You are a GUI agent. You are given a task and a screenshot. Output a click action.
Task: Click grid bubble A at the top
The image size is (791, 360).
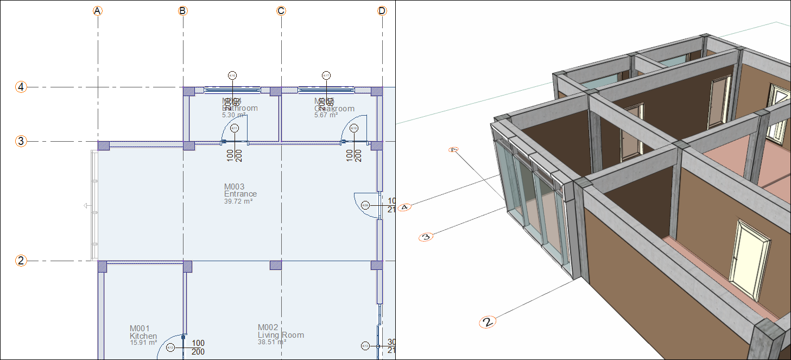pos(98,11)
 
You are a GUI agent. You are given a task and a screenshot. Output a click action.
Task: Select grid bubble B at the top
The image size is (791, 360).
pos(183,11)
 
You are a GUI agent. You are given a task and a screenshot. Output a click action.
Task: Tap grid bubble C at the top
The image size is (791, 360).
pos(281,11)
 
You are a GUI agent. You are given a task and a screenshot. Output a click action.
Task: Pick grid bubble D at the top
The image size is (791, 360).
pos(382,11)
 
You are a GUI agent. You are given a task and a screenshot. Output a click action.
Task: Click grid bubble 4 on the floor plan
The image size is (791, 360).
pos(21,87)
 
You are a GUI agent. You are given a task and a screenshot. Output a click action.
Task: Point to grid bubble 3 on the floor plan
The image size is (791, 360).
pos(21,141)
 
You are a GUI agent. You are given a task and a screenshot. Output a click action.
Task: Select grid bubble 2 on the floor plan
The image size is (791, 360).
pos(21,261)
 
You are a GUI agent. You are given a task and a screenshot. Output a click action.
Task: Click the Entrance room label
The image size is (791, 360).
pos(241,194)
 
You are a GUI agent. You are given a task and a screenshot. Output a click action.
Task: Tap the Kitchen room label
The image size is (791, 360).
pos(143,336)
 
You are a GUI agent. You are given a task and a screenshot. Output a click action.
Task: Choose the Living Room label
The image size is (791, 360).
pos(281,335)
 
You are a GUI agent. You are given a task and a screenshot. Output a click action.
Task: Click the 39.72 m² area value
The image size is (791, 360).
pos(238,201)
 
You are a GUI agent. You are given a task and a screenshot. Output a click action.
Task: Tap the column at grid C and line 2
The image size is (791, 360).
pos(276,265)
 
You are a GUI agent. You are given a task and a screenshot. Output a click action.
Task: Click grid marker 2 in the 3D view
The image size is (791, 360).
pos(488,322)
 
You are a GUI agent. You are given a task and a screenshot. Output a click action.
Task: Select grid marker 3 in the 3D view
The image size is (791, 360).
pos(426,237)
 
